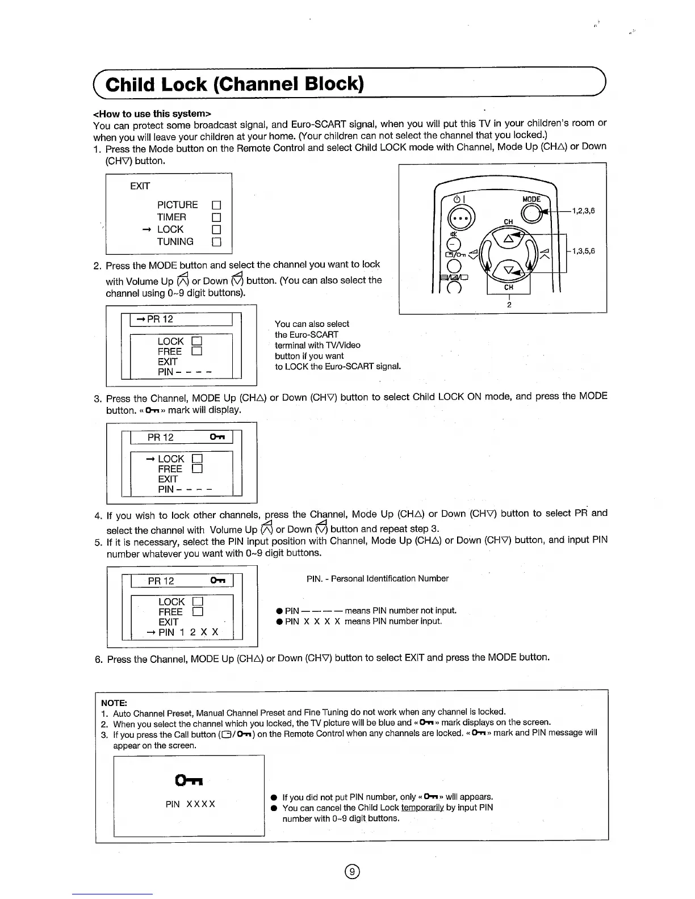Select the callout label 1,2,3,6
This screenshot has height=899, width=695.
click(583, 211)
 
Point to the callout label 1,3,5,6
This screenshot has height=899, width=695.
click(583, 251)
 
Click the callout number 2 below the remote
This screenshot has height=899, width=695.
click(509, 305)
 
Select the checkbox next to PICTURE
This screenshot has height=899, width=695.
click(216, 205)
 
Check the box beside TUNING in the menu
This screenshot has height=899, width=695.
click(216, 242)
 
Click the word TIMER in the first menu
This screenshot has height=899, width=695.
click(171, 217)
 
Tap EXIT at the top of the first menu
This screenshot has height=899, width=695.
click(140, 186)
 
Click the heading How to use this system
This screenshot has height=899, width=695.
click(152, 114)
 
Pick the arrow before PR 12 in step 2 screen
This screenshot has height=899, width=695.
click(140, 319)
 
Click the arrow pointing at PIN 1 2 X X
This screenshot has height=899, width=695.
click(151, 632)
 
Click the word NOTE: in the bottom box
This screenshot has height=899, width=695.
click(114, 702)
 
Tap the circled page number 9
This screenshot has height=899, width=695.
click(353, 872)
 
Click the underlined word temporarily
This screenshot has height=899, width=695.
click(422, 808)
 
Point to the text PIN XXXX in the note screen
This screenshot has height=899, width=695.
click(190, 804)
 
